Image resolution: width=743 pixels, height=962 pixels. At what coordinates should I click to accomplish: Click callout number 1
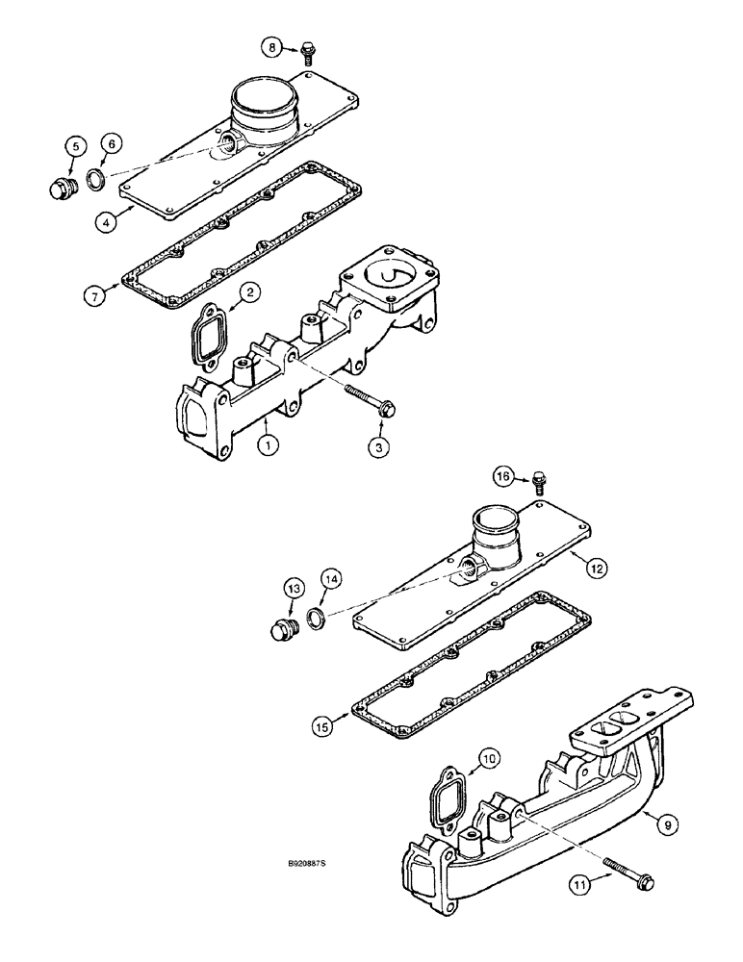pyautogui.click(x=269, y=445)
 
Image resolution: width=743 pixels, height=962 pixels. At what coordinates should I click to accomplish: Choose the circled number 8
pyautogui.click(x=274, y=45)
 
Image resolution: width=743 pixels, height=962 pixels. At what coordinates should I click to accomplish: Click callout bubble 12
pyautogui.click(x=597, y=570)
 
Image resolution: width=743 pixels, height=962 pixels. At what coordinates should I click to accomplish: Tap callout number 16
pyautogui.click(x=503, y=475)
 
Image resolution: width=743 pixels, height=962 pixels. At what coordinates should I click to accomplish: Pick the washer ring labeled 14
pyautogui.click(x=316, y=617)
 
